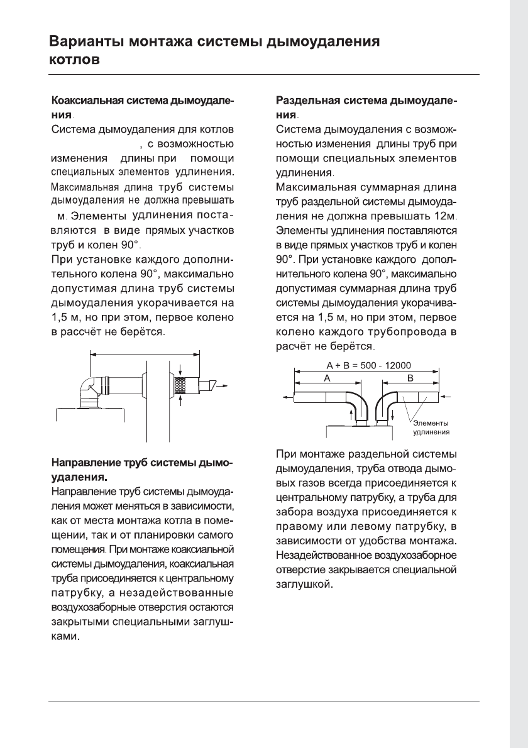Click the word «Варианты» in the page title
point(85,43)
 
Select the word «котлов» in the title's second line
point(74,62)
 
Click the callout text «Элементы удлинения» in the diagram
point(430,428)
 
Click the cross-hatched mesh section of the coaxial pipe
point(180,382)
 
